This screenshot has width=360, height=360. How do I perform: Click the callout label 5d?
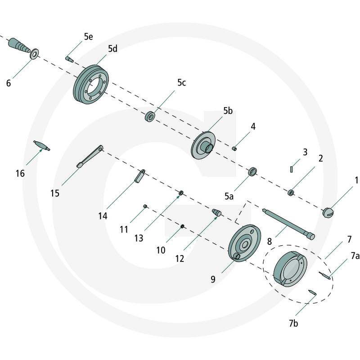[x=112, y=49]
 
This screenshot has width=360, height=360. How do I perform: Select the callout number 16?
[x=20, y=173]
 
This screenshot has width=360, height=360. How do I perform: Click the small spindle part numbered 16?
[x=42, y=145]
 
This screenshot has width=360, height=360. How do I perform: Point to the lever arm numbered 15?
[x=90, y=157]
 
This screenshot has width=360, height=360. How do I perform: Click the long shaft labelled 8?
[x=288, y=222]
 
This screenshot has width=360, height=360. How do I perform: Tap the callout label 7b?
[x=293, y=324]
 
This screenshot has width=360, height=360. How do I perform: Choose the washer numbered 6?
[x=34, y=55]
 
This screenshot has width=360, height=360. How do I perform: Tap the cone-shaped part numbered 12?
[x=216, y=211]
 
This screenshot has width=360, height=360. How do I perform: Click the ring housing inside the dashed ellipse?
[x=289, y=269]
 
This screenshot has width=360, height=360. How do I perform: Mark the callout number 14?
[x=103, y=216]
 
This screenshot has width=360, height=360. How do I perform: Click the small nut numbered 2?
[x=291, y=193]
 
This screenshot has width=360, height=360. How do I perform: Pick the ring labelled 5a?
[x=252, y=171]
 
